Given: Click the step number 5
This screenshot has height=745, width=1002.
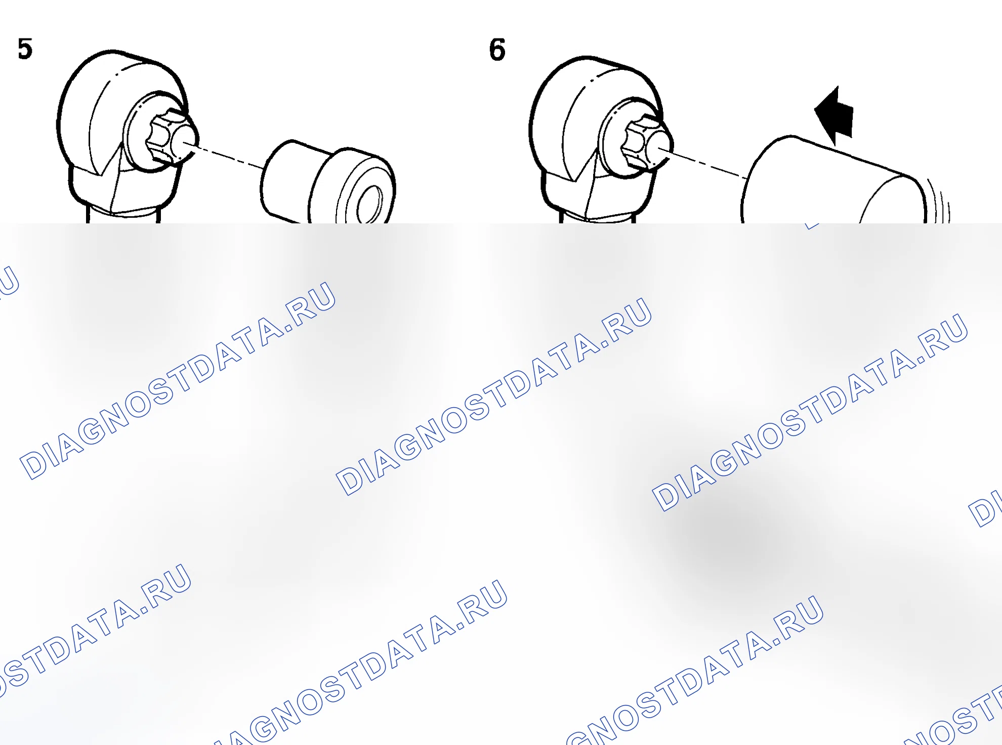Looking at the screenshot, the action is [x=25, y=49].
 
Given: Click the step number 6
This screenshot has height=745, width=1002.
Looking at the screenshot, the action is [x=497, y=50].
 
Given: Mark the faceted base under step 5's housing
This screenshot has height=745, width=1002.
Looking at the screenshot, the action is [x=124, y=190].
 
